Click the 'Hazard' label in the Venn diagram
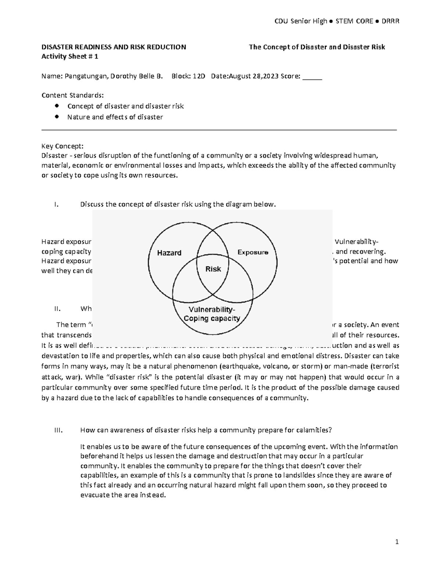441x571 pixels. pos(169,253)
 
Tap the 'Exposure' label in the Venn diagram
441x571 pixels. pos(252,252)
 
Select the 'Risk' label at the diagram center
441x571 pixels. pos(213,269)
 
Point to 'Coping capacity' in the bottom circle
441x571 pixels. pos(212,318)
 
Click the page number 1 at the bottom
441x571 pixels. pos(397,542)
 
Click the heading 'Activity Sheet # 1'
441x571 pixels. pos(70,57)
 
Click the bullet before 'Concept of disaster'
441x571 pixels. pos(56,106)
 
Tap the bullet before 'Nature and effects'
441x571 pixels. pos(56,117)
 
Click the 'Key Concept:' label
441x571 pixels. pos(62,146)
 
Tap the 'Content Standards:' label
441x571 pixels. pos(73,96)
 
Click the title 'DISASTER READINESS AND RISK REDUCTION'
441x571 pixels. pos(114,47)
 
